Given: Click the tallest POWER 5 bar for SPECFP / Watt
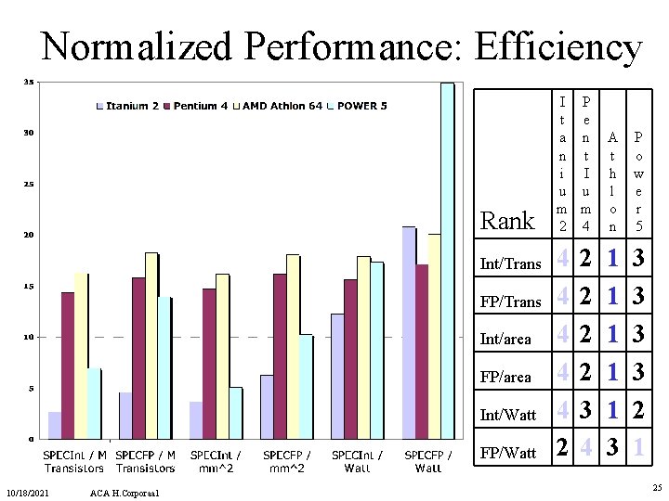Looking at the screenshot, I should click(x=447, y=260).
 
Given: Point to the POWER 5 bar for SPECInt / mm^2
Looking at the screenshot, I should click(x=235, y=412).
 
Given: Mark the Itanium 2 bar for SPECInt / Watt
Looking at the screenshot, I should click(x=337, y=376).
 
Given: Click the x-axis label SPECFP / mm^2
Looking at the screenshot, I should click(x=286, y=461).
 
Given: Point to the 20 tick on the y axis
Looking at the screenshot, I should click(x=30, y=236).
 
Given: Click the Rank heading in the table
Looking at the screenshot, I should click(x=507, y=221).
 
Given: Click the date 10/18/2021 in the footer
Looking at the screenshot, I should click(x=27, y=491).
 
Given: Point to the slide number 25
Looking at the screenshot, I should click(x=656, y=488).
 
